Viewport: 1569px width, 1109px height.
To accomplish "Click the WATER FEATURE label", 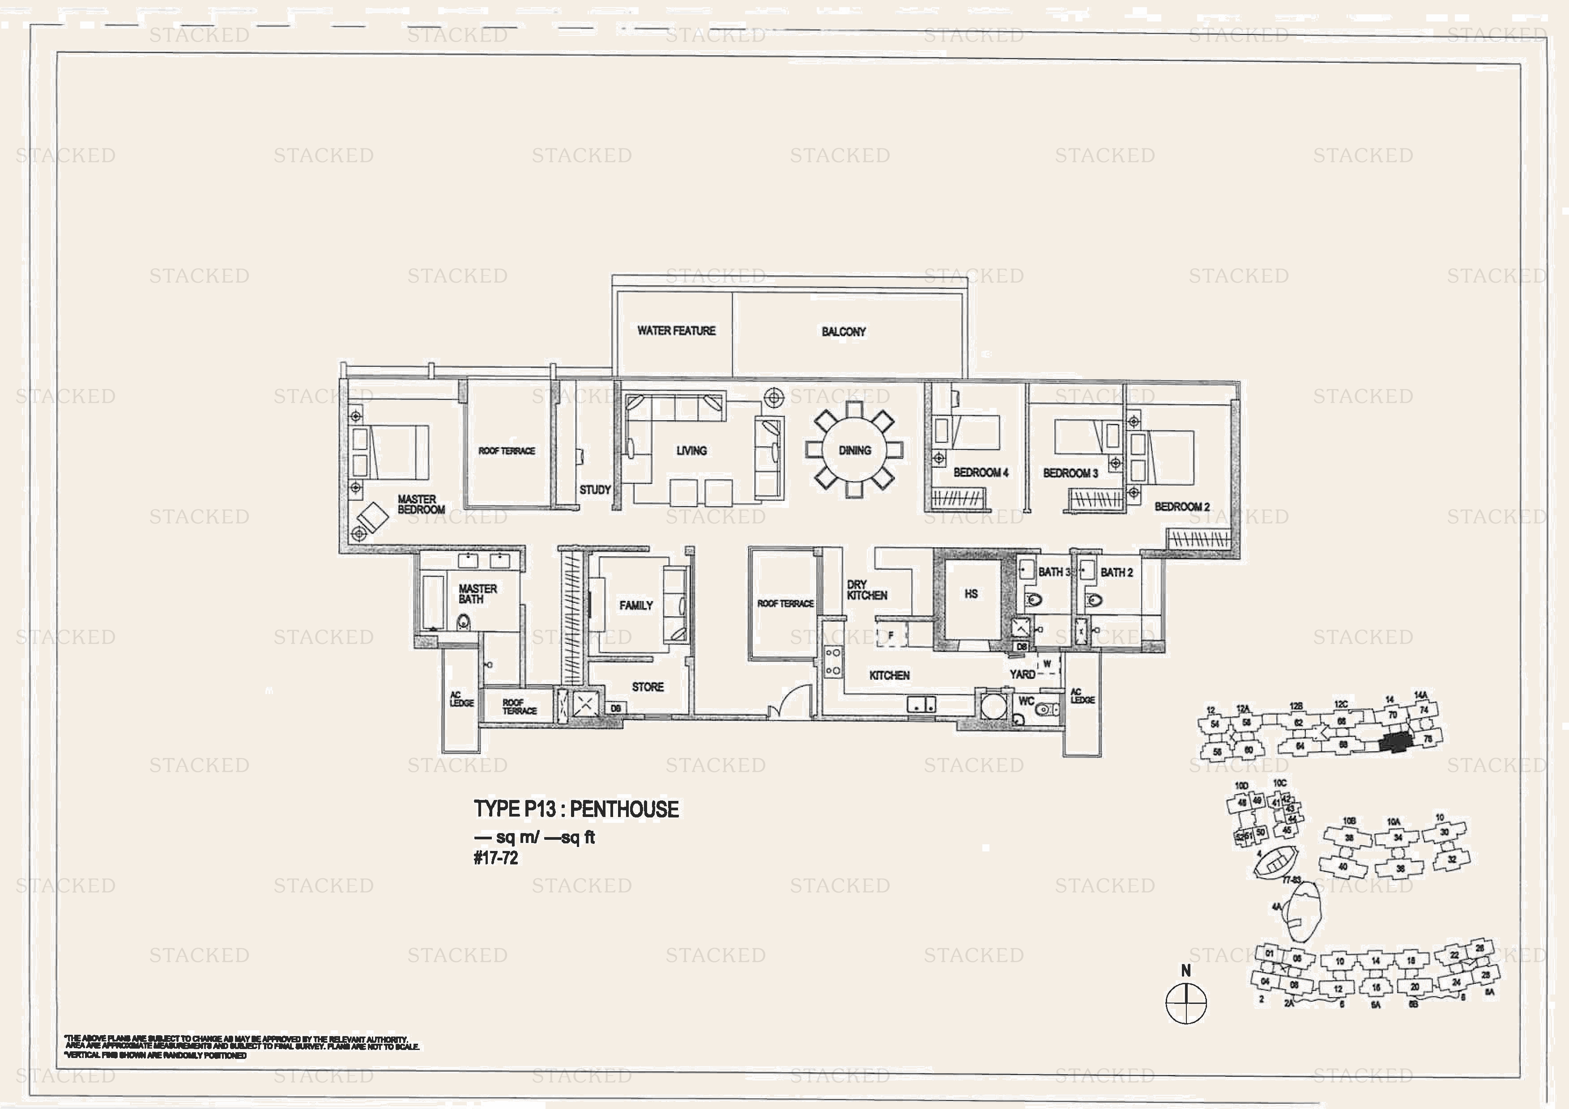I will point(676,330).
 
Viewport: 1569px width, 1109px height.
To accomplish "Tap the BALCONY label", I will point(843,331).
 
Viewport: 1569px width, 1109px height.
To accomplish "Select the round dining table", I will point(854,450).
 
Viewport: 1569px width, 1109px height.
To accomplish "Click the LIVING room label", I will point(691,451).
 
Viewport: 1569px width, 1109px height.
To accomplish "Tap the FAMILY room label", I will point(635,606).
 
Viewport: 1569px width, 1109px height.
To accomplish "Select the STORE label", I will point(647,687).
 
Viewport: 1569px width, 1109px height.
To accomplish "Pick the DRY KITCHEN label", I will point(866,590).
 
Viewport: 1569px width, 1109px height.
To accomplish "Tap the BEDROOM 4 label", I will point(981,473).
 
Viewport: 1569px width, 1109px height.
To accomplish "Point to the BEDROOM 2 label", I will point(1181,507).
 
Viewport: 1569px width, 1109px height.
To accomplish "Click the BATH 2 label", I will point(1116,572).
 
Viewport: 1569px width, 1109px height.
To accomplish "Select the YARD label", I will point(1022,674).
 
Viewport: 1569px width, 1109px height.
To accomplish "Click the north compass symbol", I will point(1185,1003).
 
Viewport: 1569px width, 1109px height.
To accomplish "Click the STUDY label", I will point(594,490).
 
